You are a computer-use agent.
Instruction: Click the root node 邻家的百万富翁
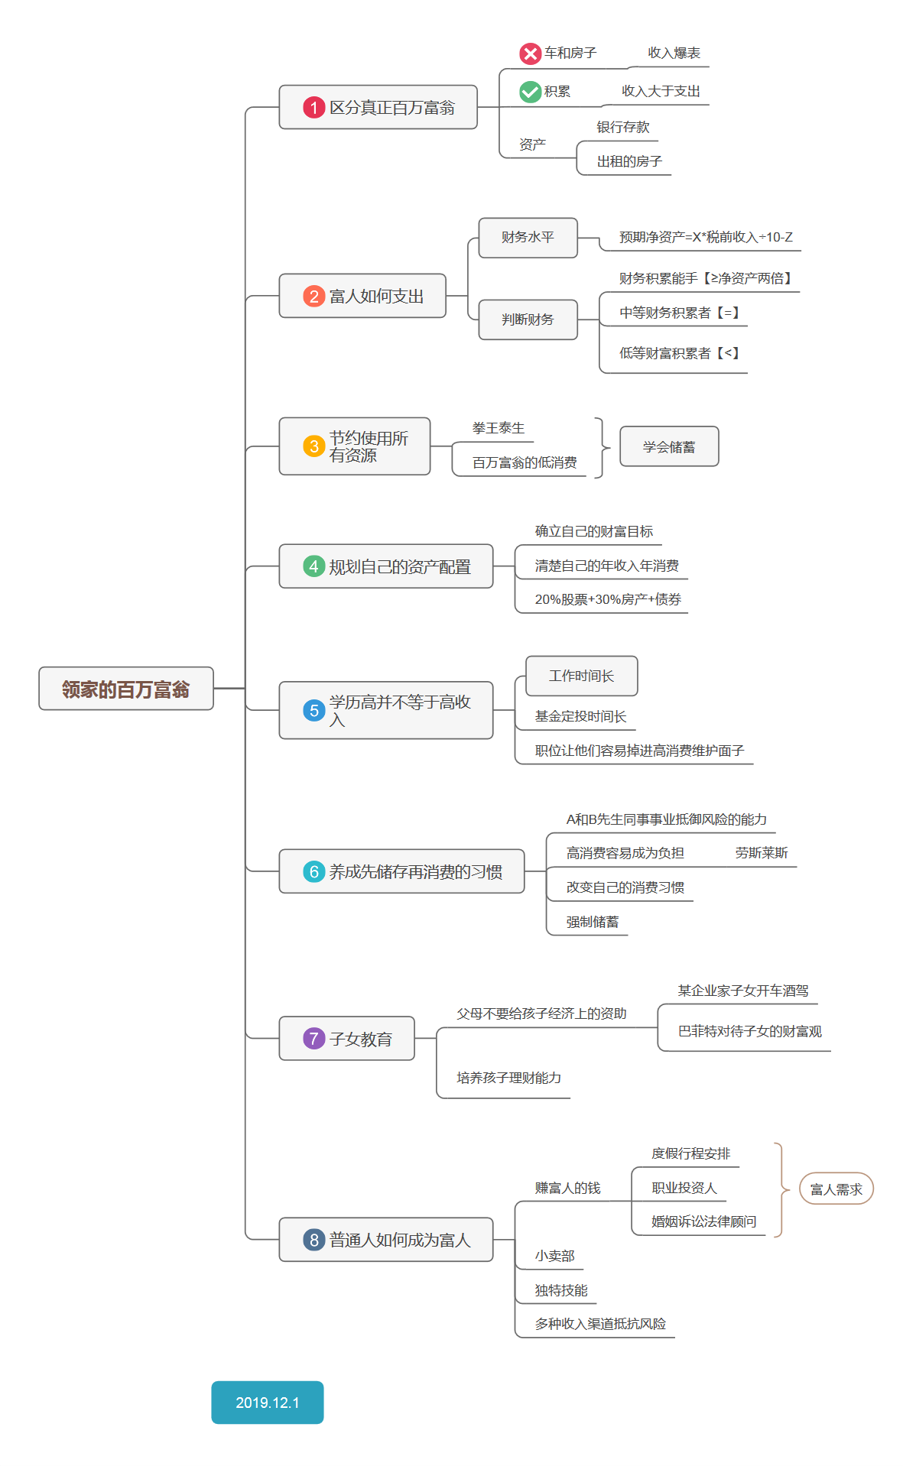[126, 689]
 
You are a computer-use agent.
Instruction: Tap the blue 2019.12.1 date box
[267, 1402]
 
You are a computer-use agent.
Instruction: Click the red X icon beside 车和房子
[530, 54]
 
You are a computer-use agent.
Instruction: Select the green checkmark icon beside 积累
[530, 92]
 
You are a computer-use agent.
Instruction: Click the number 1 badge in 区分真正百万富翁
[313, 108]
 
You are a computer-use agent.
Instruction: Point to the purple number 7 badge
[313, 1038]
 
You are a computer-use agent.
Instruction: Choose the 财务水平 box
[528, 238]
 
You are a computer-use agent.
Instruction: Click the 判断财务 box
[528, 319]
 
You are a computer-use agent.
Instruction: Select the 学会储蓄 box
[669, 446]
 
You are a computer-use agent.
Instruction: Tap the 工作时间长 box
[581, 676]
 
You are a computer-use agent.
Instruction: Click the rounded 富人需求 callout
[836, 1189]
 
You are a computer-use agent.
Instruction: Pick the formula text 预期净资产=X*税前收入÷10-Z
[705, 238]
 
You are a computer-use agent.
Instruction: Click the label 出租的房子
[629, 161]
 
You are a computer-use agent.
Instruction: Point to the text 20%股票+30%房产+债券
[608, 599]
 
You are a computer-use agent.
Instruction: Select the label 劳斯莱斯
[761, 853]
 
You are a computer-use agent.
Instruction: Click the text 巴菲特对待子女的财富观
[749, 1031]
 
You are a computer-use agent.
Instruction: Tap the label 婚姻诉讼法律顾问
[703, 1221]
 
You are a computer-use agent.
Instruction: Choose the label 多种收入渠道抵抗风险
[600, 1324]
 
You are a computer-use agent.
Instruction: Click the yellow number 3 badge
[313, 446]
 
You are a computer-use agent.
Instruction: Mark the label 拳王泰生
[499, 428]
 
